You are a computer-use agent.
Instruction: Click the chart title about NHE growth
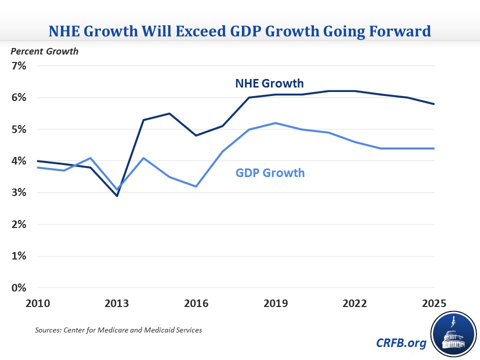coord(239,31)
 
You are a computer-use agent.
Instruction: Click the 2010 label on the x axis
coord(38,303)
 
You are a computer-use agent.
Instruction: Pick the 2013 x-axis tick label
coord(117,303)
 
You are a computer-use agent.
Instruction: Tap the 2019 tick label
coord(275,303)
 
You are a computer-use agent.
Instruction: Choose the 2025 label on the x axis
coord(433,303)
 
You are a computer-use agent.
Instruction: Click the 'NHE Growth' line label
coord(269,83)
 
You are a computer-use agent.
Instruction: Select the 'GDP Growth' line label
coord(269,173)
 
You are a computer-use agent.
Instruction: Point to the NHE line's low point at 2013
coord(117,195)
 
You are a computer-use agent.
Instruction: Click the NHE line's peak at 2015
coord(170,113)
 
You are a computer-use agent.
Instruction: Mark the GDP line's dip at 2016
coord(196,186)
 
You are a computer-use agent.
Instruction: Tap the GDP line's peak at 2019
coord(275,123)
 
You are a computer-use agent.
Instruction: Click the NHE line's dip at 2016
coord(196,135)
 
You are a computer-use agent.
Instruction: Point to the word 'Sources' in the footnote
coord(46,330)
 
